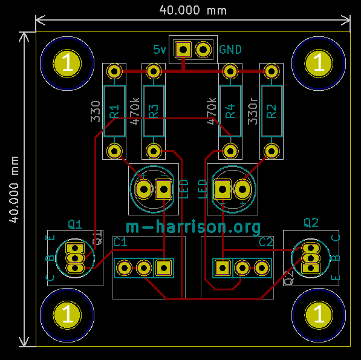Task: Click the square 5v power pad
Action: coord(183,50)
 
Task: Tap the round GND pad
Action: coord(203,50)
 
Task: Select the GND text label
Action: coord(230,50)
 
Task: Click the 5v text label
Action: coord(159,50)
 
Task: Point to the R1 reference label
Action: coord(114,111)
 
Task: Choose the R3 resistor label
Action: coord(154,111)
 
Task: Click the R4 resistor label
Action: coord(230,111)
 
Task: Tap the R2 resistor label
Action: coord(272,111)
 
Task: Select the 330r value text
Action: coord(253,111)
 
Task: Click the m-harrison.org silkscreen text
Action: coord(194,227)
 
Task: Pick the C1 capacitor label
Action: coord(120,242)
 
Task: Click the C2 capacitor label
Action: coord(265,242)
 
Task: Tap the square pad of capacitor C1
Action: coord(164,268)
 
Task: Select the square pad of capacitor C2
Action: coord(223,268)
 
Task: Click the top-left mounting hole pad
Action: coord(67,63)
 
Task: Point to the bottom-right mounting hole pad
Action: coord(319,315)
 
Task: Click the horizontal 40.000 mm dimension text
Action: coord(193,10)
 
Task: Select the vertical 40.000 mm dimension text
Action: coord(14,189)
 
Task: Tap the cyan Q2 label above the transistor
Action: coord(311,223)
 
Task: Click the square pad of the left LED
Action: coord(164,189)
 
